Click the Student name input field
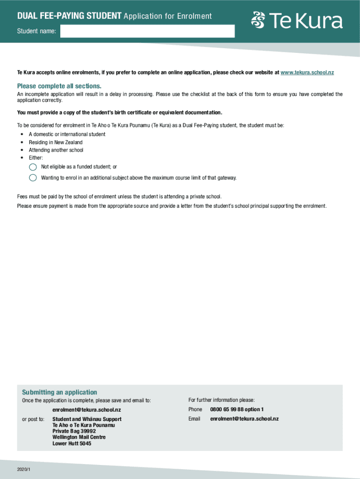point(147,31)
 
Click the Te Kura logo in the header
point(297,21)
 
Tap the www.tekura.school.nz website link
point(307,73)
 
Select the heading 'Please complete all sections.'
point(59,86)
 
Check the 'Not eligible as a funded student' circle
point(33,167)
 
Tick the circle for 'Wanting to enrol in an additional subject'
point(33,178)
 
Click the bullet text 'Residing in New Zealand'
point(56,142)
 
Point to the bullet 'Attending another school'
point(56,150)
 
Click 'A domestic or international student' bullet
point(67,134)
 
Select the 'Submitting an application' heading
point(59,392)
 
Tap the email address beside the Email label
point(244,419)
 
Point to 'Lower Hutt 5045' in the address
point(72,443)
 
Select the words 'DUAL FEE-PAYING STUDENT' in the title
point(70,16)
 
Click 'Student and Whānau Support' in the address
point(86,419)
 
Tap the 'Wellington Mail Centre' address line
point(79,437)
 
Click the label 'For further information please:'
point(221,400)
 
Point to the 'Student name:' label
point(36,31)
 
